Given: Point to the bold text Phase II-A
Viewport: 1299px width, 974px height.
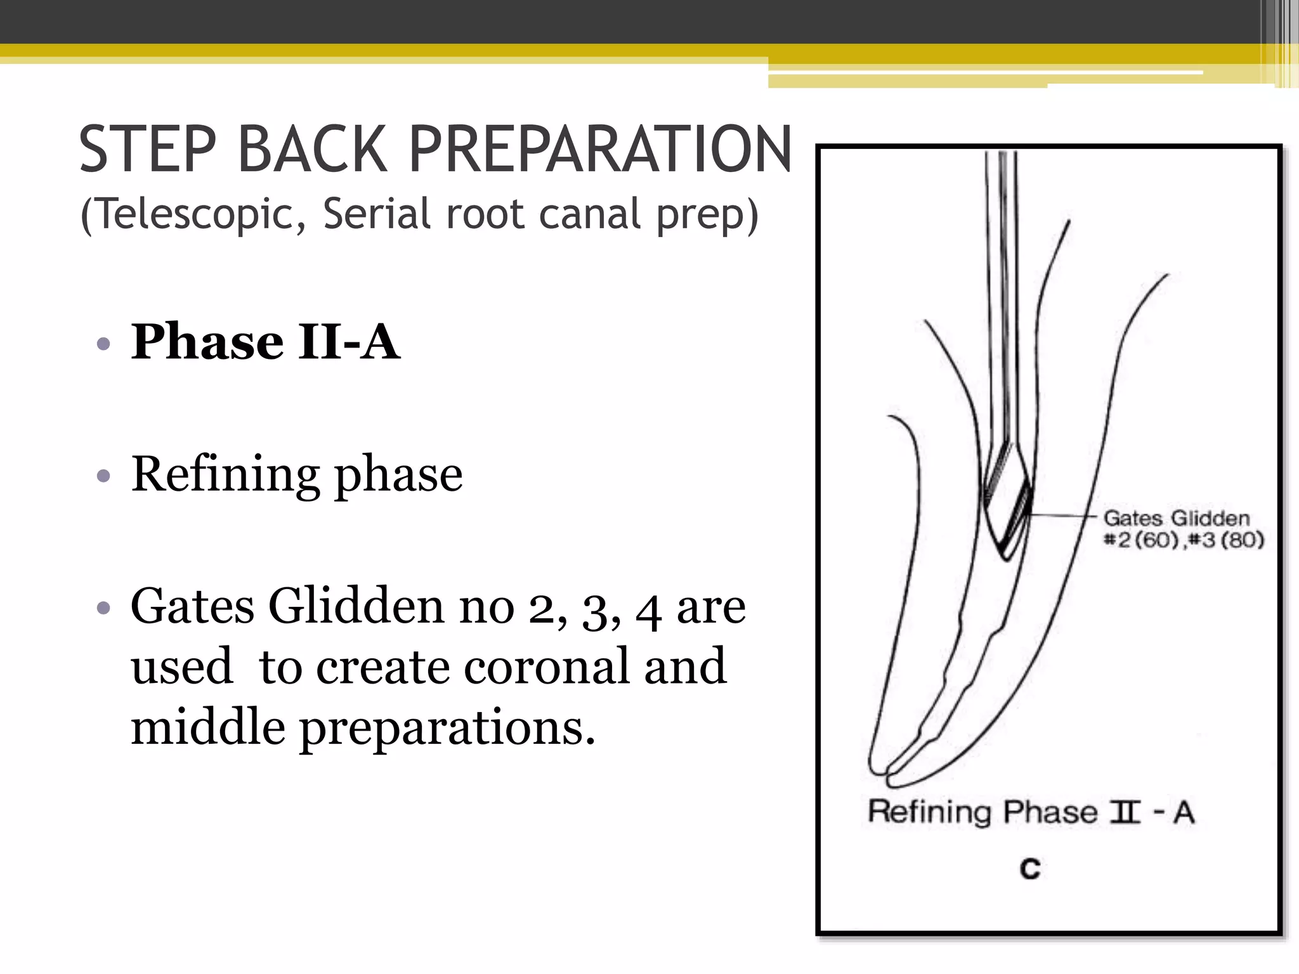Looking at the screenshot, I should click(265, 342).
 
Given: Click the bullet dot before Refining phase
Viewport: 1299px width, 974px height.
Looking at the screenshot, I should click(104, 476).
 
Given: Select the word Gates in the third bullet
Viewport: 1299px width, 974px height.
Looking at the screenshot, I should click(192, 606).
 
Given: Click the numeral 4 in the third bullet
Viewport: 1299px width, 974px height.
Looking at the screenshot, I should click(648, 609).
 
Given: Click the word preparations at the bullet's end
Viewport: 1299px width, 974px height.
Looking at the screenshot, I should click(447, 728).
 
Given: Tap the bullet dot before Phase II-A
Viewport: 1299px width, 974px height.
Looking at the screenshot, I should click(104, 344).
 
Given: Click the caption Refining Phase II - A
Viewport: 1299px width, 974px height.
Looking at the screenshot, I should click(1031, 812).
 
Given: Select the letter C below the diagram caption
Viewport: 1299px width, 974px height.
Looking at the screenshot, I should click(1030, 868).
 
